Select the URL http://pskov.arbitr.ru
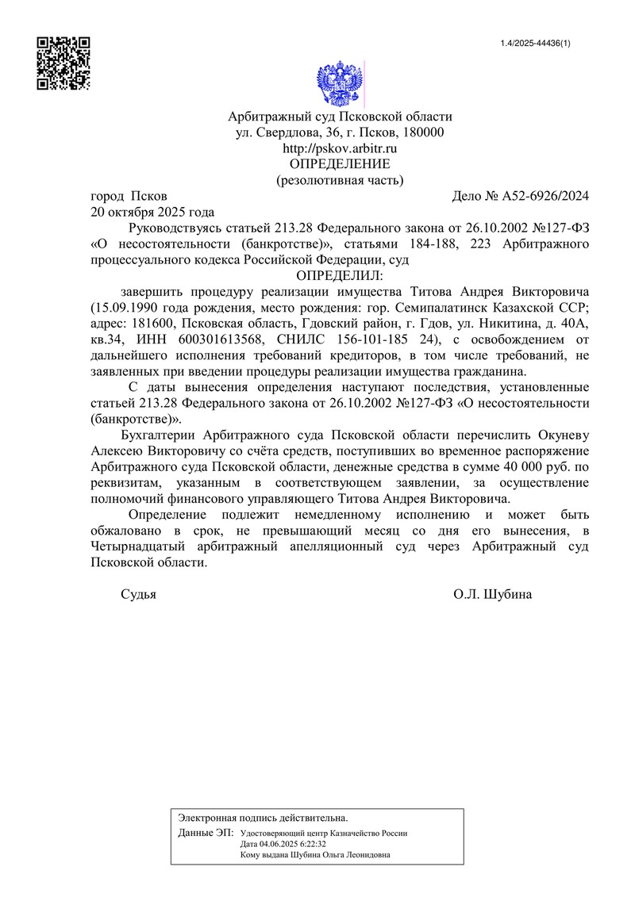pos(340,148)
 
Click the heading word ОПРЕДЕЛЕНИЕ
pos(340,164)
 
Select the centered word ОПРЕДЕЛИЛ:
pos(340,276)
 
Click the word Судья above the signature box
pos(138,594)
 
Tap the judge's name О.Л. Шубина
pos(492,594)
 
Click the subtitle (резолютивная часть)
pos(340,180)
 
